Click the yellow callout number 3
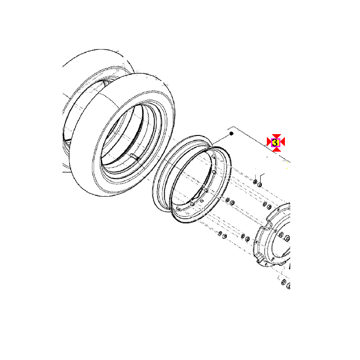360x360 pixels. (x=275, y=143)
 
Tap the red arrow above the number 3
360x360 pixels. (x=276, y=136)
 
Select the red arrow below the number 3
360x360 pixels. (x=276, y=149)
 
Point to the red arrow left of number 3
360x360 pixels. (x=269, y=142)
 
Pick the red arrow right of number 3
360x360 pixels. (x=282, y=142)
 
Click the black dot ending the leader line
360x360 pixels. (x=231, y=133)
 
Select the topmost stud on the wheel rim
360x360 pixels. (x=213, y=156)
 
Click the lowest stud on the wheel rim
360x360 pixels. (x=178, y=208)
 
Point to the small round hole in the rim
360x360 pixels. (x=202, y=201)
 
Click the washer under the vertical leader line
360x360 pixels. (x=255, y=182)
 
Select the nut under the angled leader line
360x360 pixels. (x=260, y=184)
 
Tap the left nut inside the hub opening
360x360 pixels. (x=281, y=234)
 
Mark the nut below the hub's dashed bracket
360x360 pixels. (x=284, y=282)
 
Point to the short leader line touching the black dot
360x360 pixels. (x=221, y=139)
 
